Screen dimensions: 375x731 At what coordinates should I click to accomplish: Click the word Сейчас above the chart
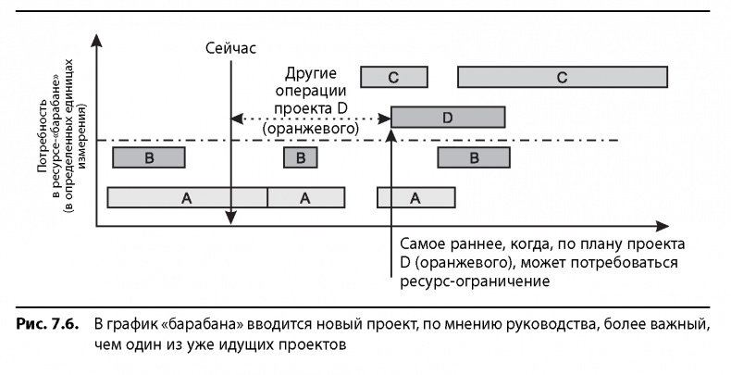[230, 47]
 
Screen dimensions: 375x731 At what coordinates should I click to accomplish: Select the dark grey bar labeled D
[448, 118]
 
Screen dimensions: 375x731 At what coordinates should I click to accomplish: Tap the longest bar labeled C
[563, 77]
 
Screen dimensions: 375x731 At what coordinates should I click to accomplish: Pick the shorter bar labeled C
[394, 77]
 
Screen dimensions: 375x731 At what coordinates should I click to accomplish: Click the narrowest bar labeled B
[301, 158]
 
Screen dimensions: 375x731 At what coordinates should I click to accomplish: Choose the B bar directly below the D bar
[473, 158]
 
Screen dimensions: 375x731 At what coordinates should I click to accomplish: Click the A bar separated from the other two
[415, 197]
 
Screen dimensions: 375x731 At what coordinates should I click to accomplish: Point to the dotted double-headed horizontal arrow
[310, 119]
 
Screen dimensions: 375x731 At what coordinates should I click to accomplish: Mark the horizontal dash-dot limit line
[555, 141]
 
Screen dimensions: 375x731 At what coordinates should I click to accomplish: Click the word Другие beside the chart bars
[310, 74]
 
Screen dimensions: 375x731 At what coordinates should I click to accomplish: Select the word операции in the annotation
[310, 93]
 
